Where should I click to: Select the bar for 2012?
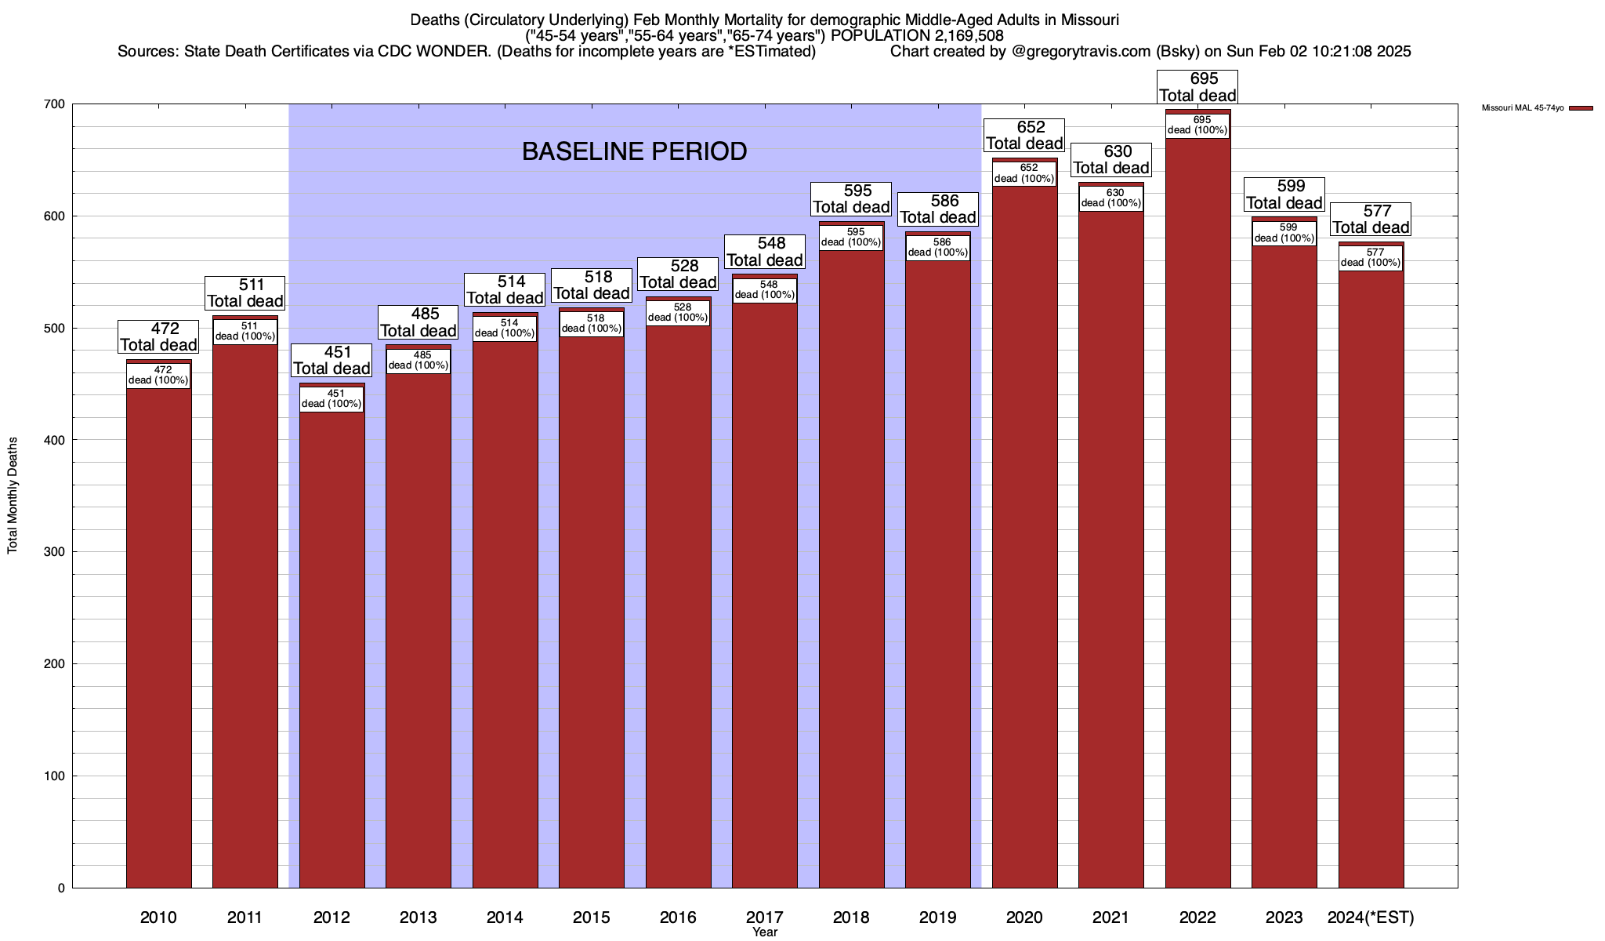[332, 643]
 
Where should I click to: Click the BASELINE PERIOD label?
[634, 151]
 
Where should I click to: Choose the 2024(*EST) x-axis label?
[1371, 917]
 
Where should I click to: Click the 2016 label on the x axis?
[678, 917]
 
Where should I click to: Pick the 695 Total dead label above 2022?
[1197, 87]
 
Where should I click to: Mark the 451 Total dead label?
[332, 361]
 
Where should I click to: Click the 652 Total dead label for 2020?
[1024, 136]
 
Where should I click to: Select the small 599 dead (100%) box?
[1284, 233]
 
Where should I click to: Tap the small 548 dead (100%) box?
[765, 290]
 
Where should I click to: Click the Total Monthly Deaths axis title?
[13, 496]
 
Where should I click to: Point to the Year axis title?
[764, 932]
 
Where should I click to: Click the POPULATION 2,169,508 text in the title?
[917, 35]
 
